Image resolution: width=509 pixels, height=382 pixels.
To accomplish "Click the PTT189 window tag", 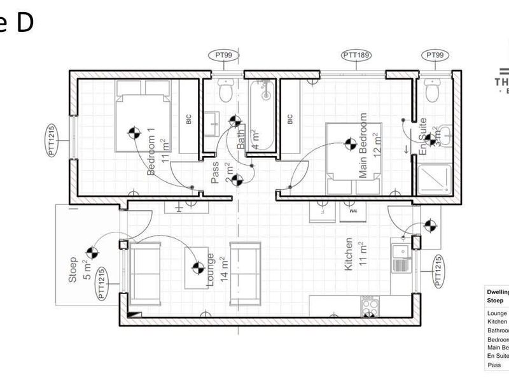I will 356,56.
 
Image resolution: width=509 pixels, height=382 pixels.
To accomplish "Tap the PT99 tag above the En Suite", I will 435,56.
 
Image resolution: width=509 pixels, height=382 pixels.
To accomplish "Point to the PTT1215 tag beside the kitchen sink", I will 438,271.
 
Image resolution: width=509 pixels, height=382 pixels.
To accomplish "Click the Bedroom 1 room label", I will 151,152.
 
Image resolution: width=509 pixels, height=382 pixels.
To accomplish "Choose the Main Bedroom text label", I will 363,146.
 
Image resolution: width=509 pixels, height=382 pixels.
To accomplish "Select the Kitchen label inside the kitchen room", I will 349,255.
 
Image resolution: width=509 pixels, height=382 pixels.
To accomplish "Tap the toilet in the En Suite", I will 433,92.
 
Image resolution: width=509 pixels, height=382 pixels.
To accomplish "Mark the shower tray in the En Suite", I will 435,180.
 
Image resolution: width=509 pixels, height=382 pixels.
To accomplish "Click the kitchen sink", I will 400,258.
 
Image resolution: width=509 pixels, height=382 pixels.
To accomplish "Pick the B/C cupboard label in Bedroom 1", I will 188,119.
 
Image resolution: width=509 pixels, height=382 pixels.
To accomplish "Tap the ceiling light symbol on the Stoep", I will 92,253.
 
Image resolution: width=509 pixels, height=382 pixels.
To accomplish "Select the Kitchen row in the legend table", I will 497,322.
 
